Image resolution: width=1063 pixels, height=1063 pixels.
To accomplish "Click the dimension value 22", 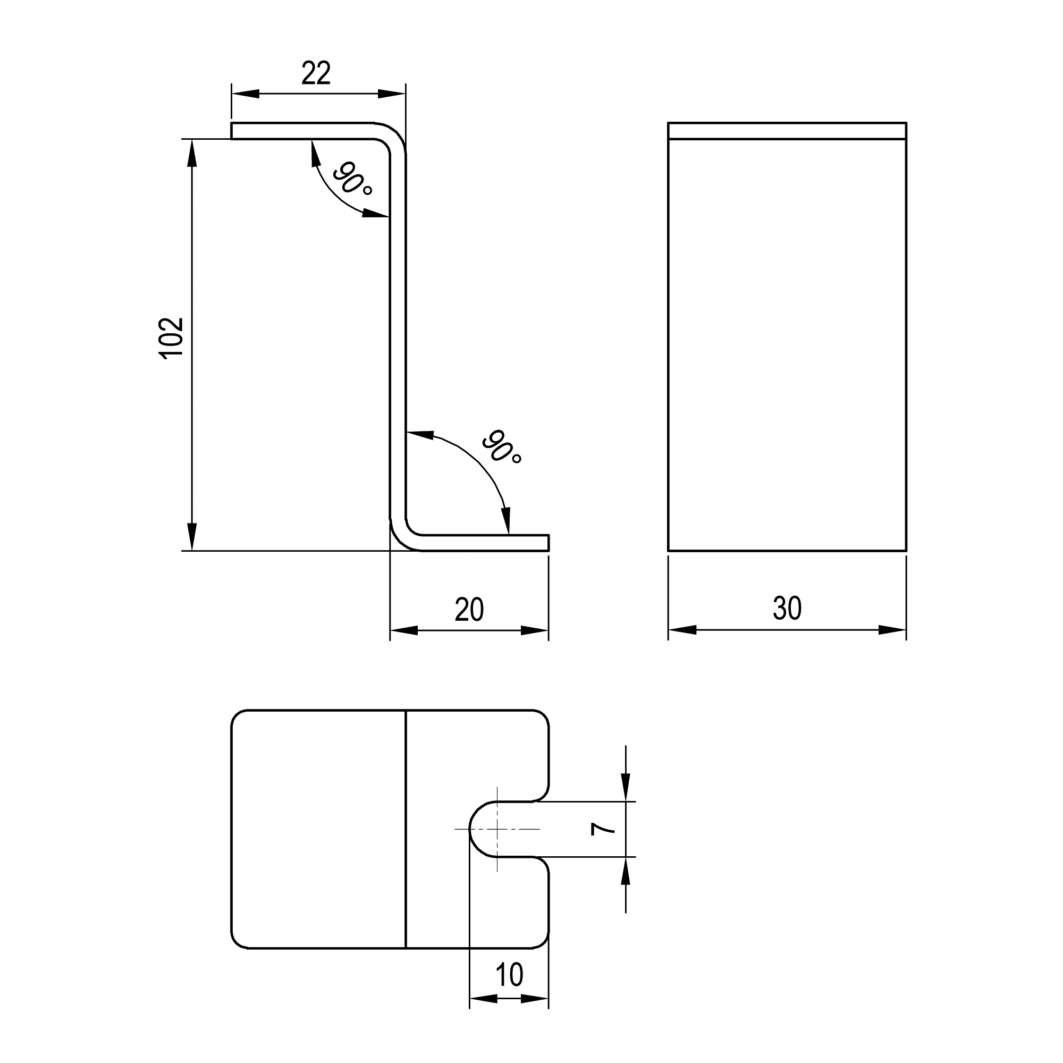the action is (x=316, y=74).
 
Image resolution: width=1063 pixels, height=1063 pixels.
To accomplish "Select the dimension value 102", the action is (x=171, y=338).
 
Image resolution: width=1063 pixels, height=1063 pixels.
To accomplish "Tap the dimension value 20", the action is (x=469, y=610).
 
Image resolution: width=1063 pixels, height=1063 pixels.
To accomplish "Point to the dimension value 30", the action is (x=787, y=609).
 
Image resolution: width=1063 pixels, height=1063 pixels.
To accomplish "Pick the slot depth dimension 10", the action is (x=509, y=975).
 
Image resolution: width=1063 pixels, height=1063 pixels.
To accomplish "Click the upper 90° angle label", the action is (x=352, y=179).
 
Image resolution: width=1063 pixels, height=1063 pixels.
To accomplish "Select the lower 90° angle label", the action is (x=501, y=447).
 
